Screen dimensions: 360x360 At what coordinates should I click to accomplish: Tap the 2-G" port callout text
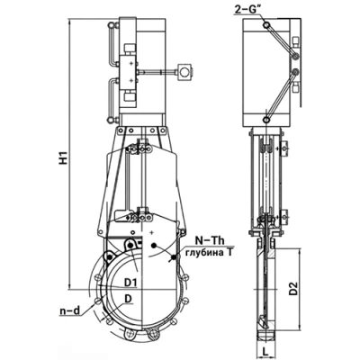[247, 11]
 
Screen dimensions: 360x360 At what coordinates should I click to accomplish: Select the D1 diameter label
[131, 282]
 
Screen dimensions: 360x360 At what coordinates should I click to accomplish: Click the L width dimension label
[265, 350]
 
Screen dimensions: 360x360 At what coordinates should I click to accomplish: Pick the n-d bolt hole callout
[69, 311]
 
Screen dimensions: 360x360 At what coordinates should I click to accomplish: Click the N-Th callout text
[210, 240]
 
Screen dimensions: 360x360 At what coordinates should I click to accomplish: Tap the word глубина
[205, 253]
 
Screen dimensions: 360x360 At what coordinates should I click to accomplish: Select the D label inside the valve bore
[129, 299]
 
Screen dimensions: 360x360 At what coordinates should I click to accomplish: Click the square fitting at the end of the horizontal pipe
[184, 72]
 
